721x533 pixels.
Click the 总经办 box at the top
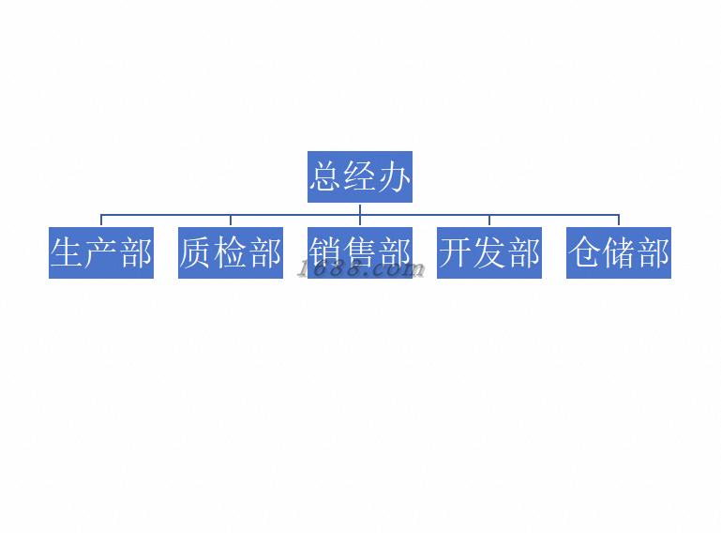click(x=360, y=176)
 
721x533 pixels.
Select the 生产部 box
click(x=101, y=252)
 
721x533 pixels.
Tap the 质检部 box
click(x=231, y=252)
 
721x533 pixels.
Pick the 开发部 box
click(x=489, y=252)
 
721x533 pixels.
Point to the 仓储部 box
click(x=619, y=252)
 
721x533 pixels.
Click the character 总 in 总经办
click(x=326, y=176)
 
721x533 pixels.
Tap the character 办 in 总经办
click(x=395, y=176)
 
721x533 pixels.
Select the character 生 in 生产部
click(x=68, y=252)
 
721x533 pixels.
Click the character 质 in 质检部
click(x=197, y=252)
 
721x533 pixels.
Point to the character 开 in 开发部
click(x=456, y=252)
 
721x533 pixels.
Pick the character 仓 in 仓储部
click(x=585, y=252)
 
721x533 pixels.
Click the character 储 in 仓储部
click(x=619, y=252)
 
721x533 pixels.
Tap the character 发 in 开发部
click(x=489, y=252)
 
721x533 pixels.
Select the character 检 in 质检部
click(x=231, y=252)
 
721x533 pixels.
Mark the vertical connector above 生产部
click(x=101, y=221)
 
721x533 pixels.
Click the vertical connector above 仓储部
click(x=619, y=221)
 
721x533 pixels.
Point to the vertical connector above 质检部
click(x=231, y=221)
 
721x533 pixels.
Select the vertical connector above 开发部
click(x=489, y=221)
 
